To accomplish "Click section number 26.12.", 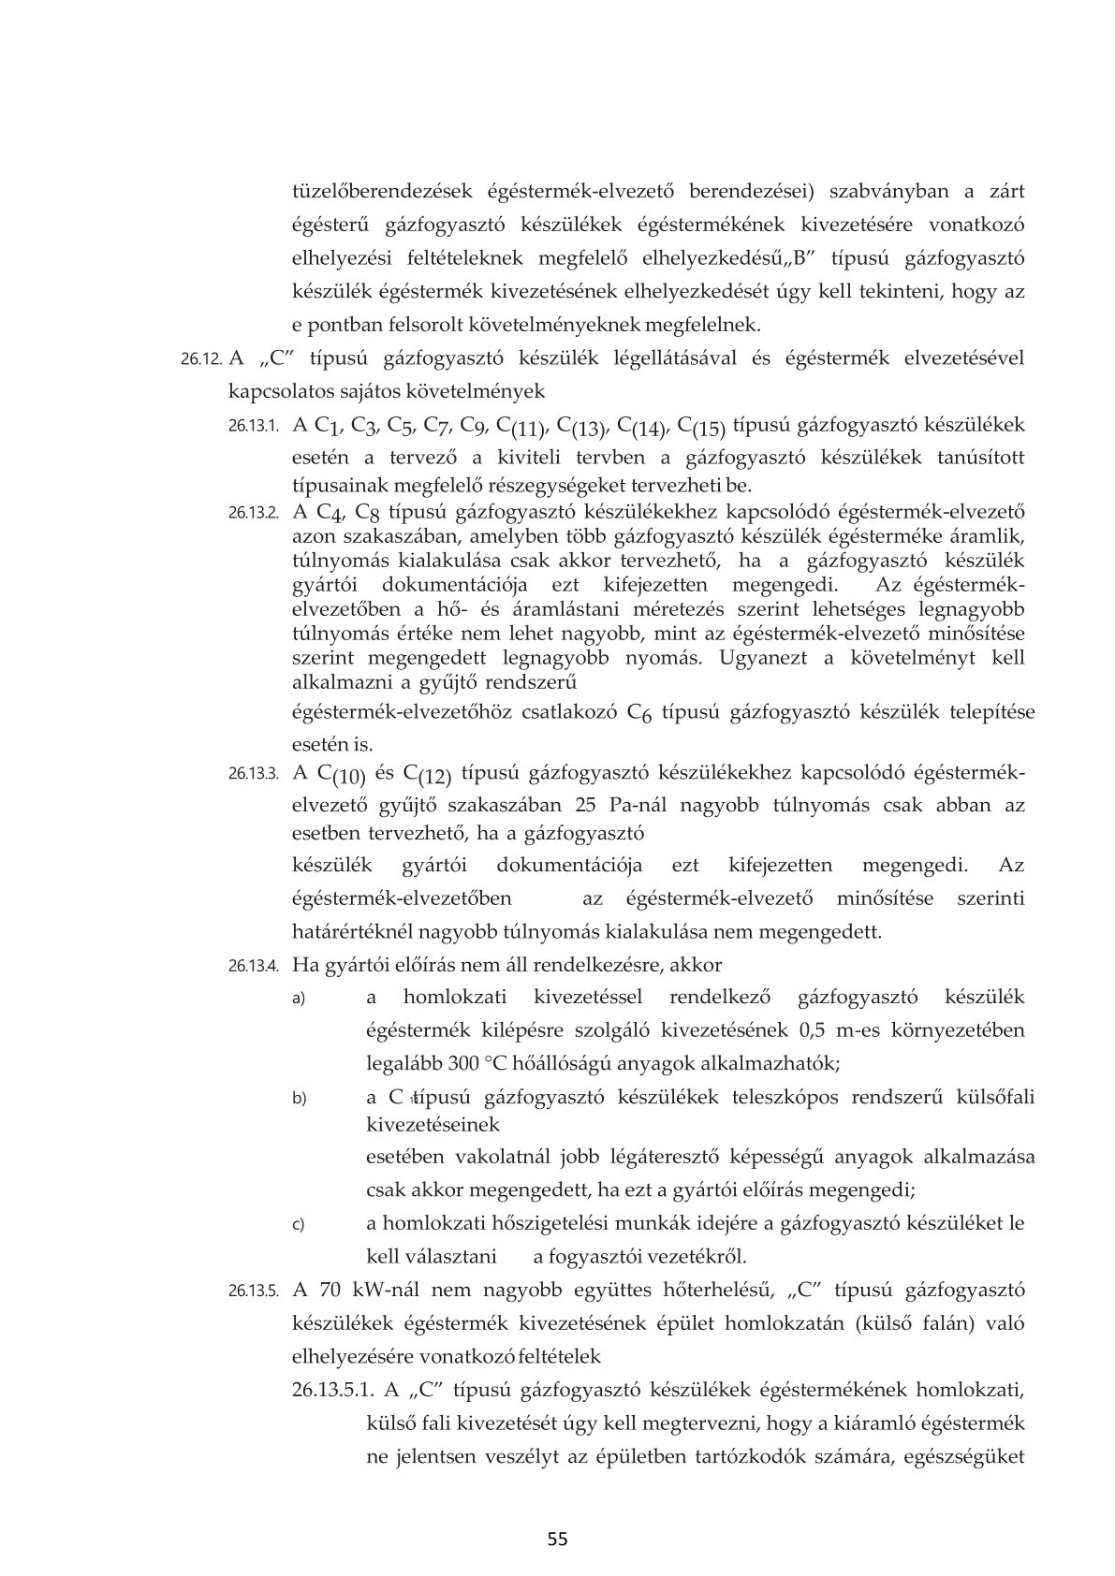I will [201, 359].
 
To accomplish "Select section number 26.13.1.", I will [254, 426].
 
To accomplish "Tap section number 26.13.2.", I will [254, 513].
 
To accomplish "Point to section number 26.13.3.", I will [254, 774].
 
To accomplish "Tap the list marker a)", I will [300, 999].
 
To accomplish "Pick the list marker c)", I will [300, 1224].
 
